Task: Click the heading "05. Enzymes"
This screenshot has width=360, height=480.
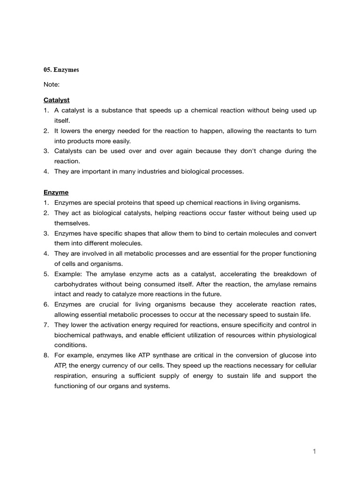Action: pos(61,70)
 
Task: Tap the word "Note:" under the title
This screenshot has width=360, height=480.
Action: pos(52,85)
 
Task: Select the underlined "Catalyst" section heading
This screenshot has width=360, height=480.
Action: pos(57,100)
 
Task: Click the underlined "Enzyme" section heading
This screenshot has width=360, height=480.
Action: pos(56,192)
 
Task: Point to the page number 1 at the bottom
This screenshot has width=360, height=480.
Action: pos(315,451)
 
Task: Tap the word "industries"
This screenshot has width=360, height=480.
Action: pos(141,172)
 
